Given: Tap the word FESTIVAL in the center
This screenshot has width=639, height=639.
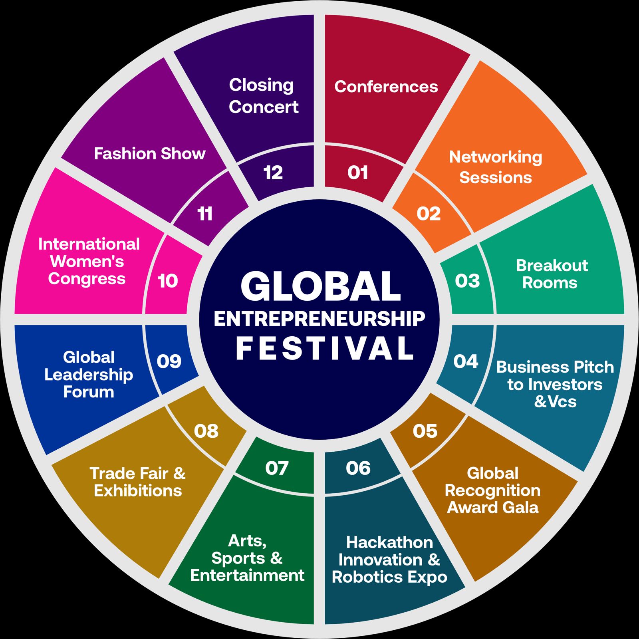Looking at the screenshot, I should click(324, 348).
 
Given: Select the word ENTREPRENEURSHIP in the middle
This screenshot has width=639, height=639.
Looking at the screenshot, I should click(319, 319).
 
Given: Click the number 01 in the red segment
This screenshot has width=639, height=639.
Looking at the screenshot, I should click(357, 173).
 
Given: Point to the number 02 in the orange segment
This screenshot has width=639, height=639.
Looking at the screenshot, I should click(429, 214).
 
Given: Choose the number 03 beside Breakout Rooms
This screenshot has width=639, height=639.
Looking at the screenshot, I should click(467, 281).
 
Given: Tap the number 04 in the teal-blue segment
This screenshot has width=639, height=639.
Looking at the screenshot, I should click(466, 361).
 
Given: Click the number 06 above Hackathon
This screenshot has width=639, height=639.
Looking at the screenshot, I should click(358, 468).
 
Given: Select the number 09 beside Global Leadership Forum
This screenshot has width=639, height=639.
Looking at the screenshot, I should click(169, 361).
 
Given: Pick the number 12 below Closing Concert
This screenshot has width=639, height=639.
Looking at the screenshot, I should click(273, 173).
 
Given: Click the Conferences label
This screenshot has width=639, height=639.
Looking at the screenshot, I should click(386, 87).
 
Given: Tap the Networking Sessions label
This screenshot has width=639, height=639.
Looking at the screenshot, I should click(496, 167).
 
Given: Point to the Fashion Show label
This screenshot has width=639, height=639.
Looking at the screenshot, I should click(150, 154).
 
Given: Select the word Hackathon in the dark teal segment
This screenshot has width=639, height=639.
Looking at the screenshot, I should click(389, 542).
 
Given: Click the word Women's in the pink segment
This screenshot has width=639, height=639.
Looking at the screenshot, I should click(87, 262).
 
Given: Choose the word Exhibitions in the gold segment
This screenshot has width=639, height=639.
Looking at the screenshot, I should click(138, 491).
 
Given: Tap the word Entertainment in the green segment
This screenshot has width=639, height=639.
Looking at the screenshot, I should click(247, 575).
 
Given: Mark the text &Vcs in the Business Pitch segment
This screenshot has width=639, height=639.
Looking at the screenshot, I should click(555, 402).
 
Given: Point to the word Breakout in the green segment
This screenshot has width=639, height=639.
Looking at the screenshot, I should click(552, 266).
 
